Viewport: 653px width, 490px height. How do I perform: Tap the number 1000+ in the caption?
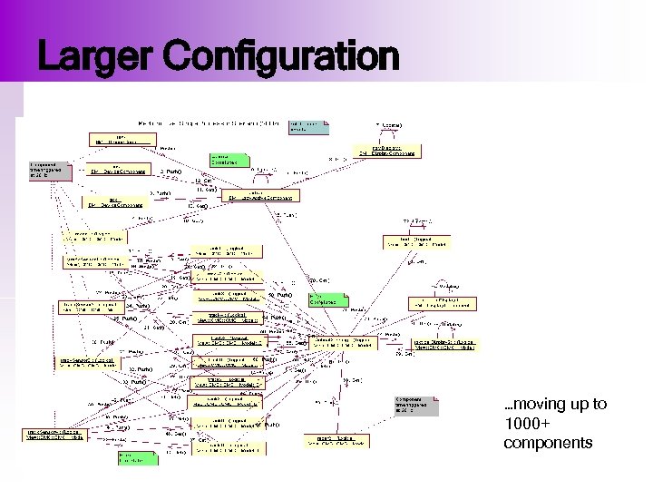point(527,424)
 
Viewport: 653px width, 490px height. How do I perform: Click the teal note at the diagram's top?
point(307,127)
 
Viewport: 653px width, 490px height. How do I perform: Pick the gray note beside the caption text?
point(415,405)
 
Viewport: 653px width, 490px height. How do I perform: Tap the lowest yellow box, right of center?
point(336,440)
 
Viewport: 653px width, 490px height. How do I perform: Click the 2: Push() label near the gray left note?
point(171,171)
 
